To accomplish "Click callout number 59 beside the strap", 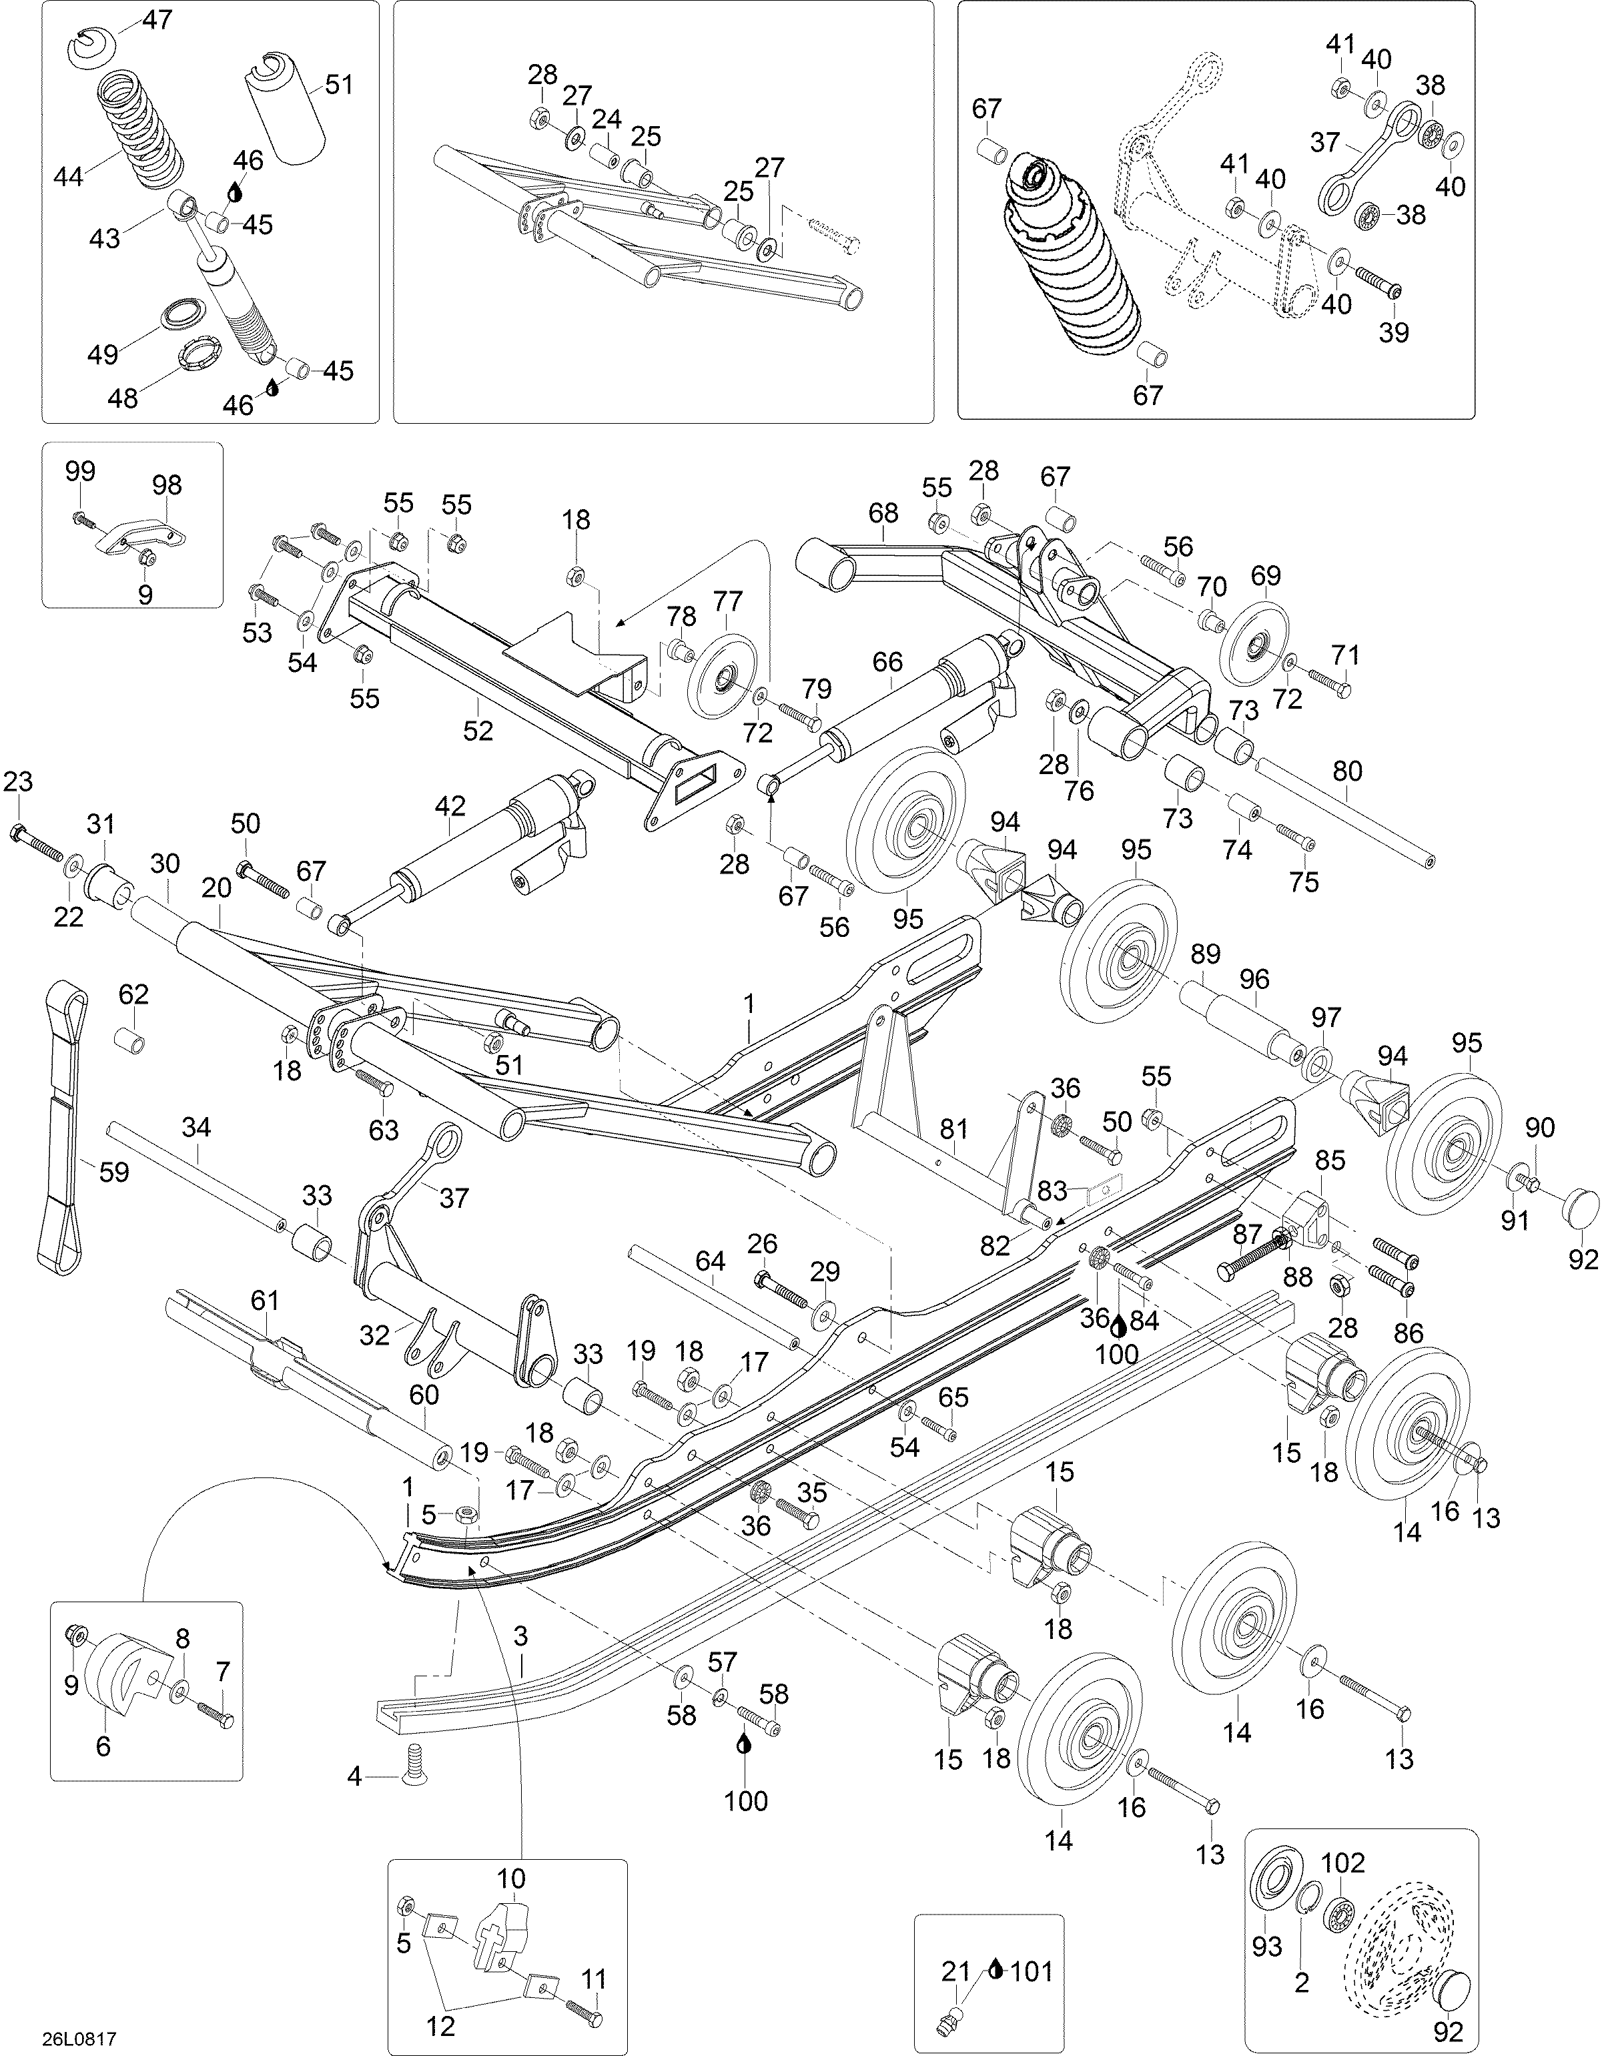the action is (114, 1171).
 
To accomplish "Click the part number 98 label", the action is (167, 485).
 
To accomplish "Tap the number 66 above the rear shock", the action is (887, 662).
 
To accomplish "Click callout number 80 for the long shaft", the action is (1347, 771).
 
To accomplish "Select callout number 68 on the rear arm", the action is (883, 513).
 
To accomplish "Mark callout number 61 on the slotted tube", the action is (264, 1300).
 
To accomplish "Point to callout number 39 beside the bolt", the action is (1393, 332).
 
